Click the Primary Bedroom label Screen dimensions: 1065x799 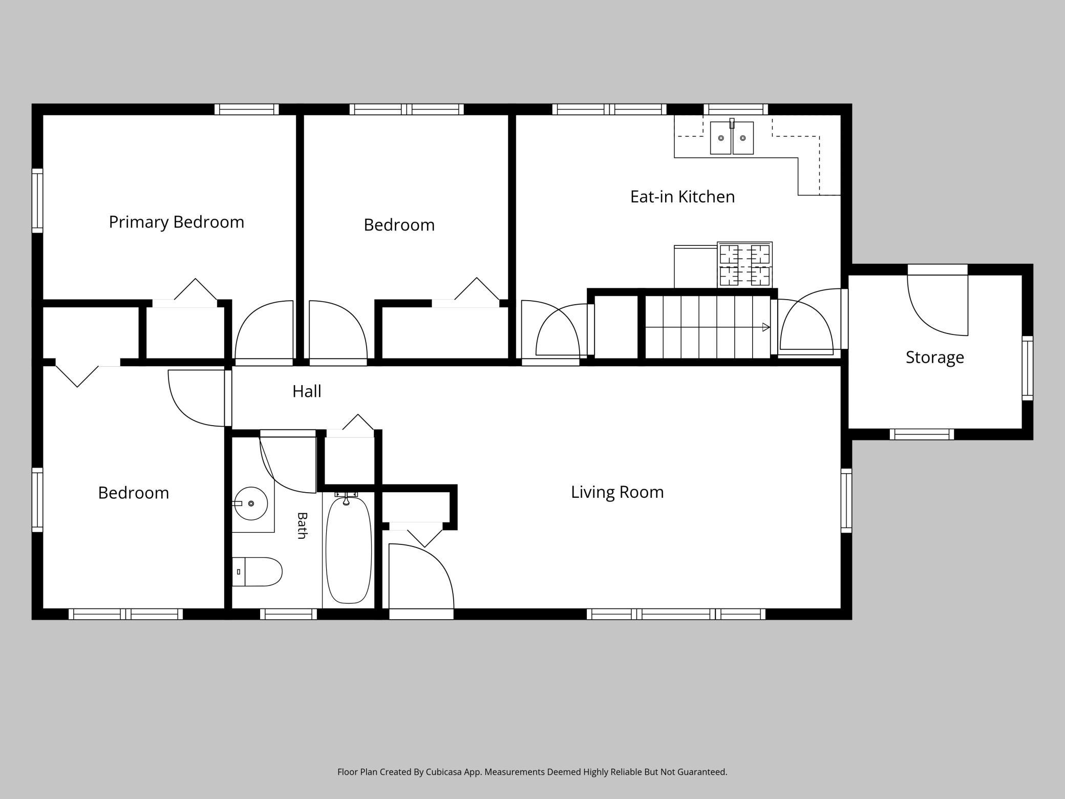point(177,222)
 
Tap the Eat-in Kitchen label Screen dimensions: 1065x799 point(683,197)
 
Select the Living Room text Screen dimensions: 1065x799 point(617,492)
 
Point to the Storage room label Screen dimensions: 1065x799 point(935,358)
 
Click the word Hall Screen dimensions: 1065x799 point(307,391)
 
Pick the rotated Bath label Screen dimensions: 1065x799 point(302,525)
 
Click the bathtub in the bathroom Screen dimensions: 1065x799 point(349,550)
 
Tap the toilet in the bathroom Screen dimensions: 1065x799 point(257,572)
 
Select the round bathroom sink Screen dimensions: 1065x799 point(251,503)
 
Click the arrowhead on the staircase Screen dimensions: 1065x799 point(766,327)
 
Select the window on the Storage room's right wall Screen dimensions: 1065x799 point(1028,368)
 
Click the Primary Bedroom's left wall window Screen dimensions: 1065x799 point(37,201)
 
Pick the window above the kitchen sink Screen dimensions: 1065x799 point(736,109)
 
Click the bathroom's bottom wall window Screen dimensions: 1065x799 point(289,614)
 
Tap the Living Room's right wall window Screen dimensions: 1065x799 point(846,500)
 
